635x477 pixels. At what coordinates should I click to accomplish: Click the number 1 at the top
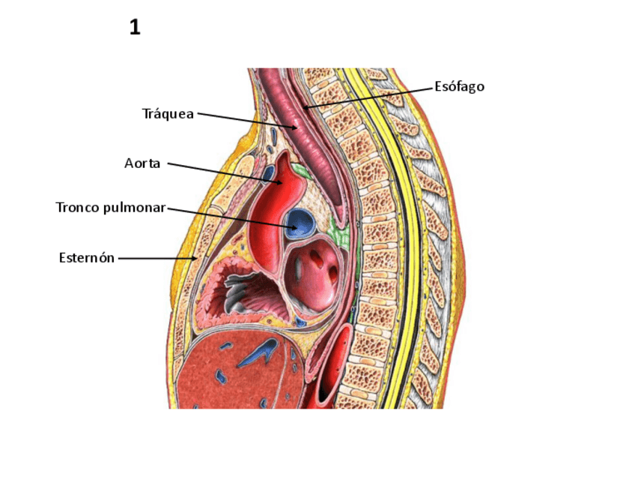pyautogui.click(x=135, y=28)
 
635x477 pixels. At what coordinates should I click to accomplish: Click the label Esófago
pyautogui.click(x=459, y=87)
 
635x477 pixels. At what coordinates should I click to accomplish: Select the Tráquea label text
pyautogui.click(x=168, y=114)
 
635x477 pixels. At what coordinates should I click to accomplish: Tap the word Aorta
pyautogui.click(x=142, y=163)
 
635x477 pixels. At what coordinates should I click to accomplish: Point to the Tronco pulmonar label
pyautogui.click(x=110, y=207)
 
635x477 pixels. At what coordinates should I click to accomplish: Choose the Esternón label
pyautogui.click(x=87, y=258)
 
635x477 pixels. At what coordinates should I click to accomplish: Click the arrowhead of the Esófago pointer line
pyautogui.click(x=306, y=108)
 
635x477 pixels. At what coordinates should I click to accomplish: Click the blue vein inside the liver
pyautogui.click(x=258, y=352)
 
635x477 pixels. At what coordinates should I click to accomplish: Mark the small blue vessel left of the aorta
pyautogui.click(x=267, y=175)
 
